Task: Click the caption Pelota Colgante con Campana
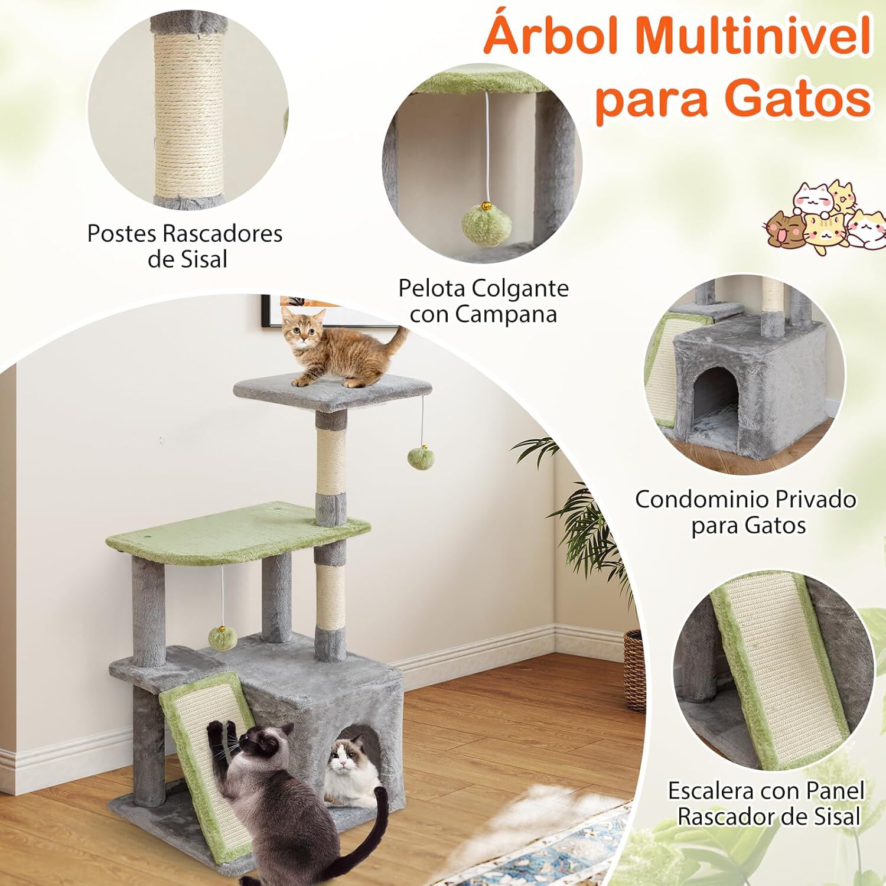click(x=483, y=301)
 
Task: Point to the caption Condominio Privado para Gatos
click(x=745, y=512)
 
